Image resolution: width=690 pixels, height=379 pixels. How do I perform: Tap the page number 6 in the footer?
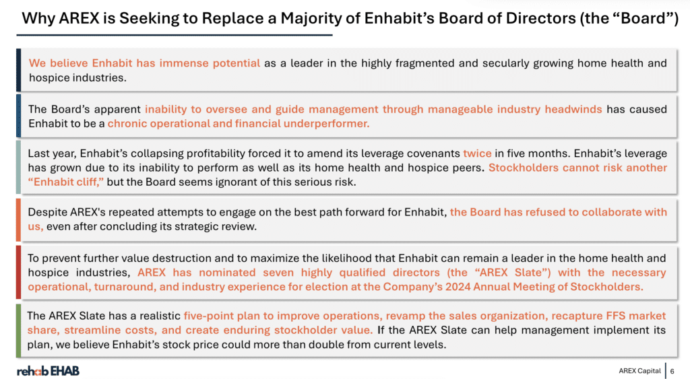(x=672, y=371)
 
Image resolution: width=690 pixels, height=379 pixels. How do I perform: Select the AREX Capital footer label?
(x=639, y=371)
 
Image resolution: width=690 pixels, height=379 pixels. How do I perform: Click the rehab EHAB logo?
(x=48, y=371)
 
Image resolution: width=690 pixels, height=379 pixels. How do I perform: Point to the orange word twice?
(x=477, y=153)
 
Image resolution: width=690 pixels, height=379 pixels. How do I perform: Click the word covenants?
(x=433, y=153)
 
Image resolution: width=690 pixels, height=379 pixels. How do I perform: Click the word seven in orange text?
(x=278, y=273)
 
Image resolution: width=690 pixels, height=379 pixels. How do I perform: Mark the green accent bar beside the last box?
(x=18, y=331)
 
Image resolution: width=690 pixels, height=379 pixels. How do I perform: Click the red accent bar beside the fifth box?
(x=18, y=273)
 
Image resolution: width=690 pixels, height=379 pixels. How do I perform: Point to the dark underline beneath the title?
(x=175, y=35)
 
